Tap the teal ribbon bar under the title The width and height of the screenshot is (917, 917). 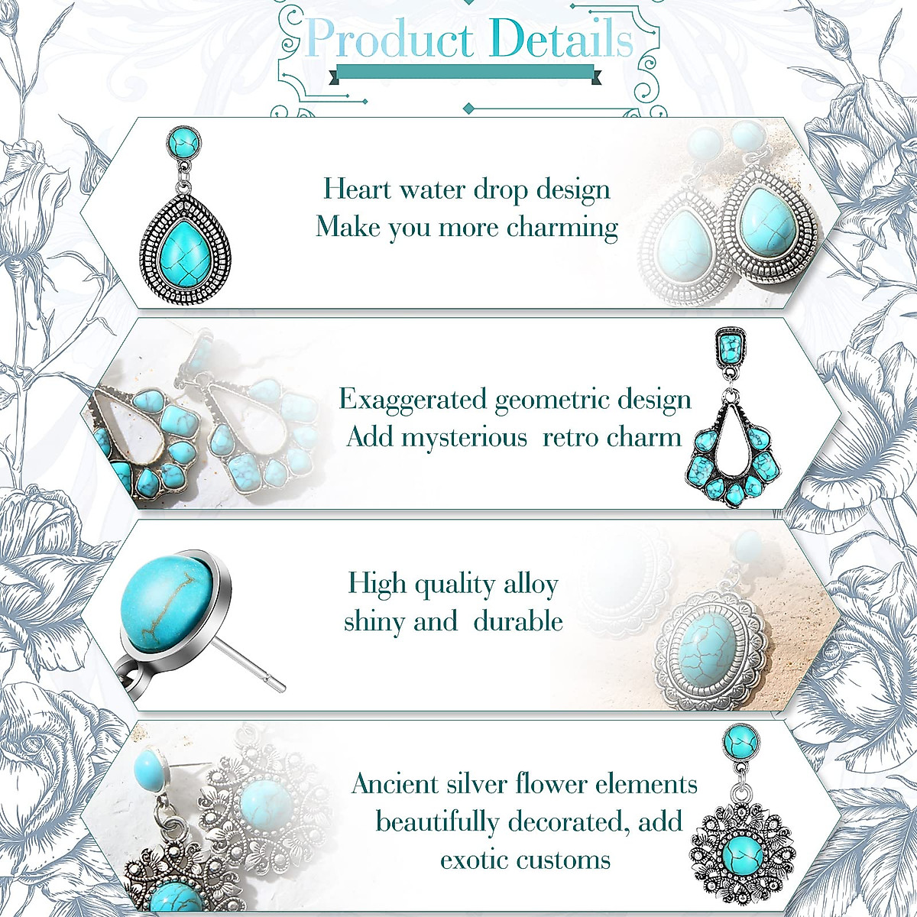click(465, 73)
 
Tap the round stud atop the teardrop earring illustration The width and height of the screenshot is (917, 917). click(183, 142)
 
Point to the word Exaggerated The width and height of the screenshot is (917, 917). click(413, 400)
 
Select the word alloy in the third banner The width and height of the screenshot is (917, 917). click(530, 585)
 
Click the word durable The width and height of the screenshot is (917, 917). click(518, 621)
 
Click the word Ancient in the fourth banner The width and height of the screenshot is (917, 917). click(395, 785)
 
